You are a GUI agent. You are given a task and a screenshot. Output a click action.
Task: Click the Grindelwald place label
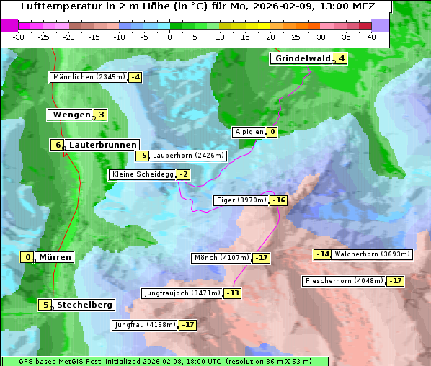pos(302,58)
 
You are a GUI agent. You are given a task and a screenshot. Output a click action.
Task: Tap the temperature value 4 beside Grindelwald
pos(341,58)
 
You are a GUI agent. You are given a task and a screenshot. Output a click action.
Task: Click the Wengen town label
pos(71,115)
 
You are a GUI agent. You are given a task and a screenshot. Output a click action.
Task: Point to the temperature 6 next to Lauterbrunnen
pos(58,145)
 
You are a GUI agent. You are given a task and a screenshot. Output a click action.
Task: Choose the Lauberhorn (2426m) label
pos(189,155)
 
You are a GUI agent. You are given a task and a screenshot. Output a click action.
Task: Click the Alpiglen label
pos(249,132)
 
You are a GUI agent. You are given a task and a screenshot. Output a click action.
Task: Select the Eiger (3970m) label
pos(241,200)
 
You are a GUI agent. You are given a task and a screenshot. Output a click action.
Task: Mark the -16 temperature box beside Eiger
pos(278,200)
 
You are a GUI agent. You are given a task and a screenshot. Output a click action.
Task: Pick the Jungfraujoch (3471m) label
pos(182,293)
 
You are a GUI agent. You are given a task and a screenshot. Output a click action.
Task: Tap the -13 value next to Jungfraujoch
pos(233,293)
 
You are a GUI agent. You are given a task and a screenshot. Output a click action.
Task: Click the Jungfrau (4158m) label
pos(144,325)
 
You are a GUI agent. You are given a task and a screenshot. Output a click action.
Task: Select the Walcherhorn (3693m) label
pos(372,254)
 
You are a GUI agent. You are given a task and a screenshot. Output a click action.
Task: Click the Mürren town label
pos(55,257)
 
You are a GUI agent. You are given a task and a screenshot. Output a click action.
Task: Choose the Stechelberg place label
pos(84,305)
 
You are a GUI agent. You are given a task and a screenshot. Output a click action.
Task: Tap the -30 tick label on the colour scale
pos(19,37)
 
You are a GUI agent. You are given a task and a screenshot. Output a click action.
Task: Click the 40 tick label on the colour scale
pos(371,37)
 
